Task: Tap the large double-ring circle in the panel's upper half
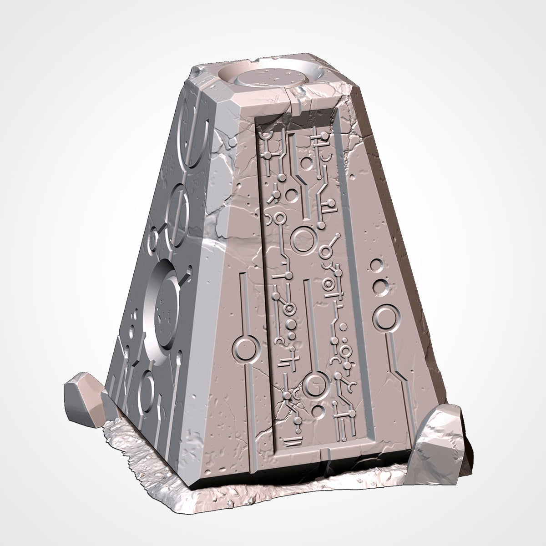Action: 300,240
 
